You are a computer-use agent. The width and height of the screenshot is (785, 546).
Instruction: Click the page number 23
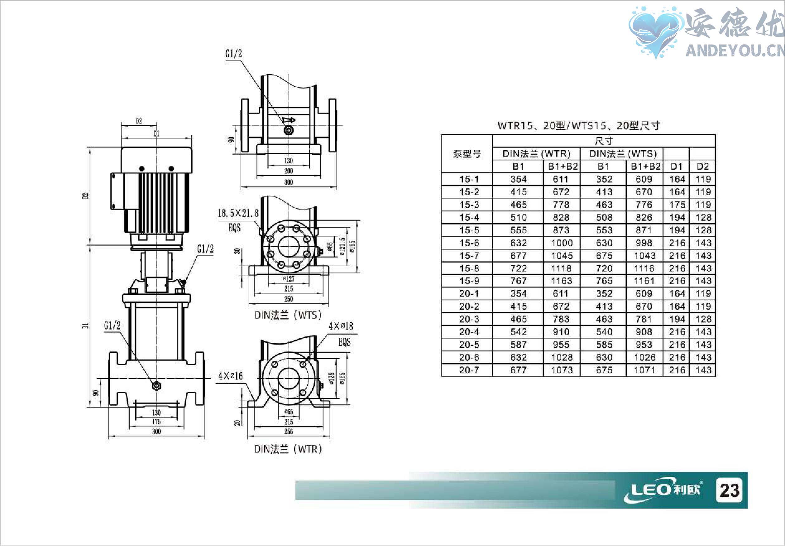pos(729,490)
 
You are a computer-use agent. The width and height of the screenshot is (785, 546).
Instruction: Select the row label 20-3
pos(469,319)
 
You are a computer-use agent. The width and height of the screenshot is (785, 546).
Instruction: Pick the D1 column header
pos(676,167)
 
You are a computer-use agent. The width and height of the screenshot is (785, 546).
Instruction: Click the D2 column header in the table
pos(703,167)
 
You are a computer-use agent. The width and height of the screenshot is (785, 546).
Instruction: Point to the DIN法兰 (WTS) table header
pos(623,154)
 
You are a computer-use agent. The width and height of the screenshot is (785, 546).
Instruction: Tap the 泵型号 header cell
pos(467,154)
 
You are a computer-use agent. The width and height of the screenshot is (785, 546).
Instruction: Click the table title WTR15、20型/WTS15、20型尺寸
pos(578,126)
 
